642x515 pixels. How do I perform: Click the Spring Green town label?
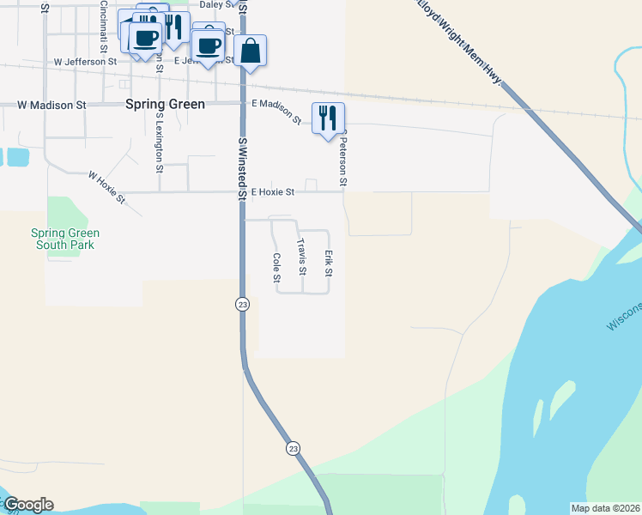165,104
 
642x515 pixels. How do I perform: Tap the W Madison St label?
52,105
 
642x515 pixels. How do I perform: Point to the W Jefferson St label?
85,62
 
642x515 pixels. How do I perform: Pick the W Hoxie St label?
106,186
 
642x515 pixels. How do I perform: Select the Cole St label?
276,268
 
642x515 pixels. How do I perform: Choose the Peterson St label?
342,159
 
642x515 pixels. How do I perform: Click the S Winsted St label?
243,168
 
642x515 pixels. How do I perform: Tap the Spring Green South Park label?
65,239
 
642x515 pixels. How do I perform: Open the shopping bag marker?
250,51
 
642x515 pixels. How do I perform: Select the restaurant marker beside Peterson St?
328,118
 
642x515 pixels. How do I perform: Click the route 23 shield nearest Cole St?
243,304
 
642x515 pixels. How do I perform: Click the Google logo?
28,505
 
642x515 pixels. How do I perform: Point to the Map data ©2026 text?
605,508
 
